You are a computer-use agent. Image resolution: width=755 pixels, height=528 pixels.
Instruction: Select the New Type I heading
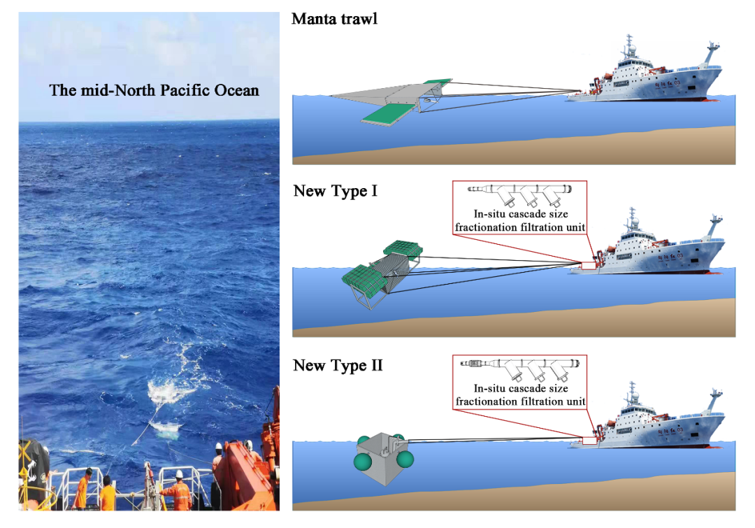pyautogui.click(x=335, y=191)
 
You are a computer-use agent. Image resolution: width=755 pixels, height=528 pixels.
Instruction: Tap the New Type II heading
pyautogui.click(x=338, y=365)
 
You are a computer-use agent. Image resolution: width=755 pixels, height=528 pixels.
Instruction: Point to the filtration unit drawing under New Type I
pyautogui.click(x=520, y=191)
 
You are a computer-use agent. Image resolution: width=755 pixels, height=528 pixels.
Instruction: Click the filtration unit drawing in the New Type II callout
pyautogui.click(x=520, y=365)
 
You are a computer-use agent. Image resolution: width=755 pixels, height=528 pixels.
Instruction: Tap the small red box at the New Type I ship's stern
pyautogui.click(x=589, y=264)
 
